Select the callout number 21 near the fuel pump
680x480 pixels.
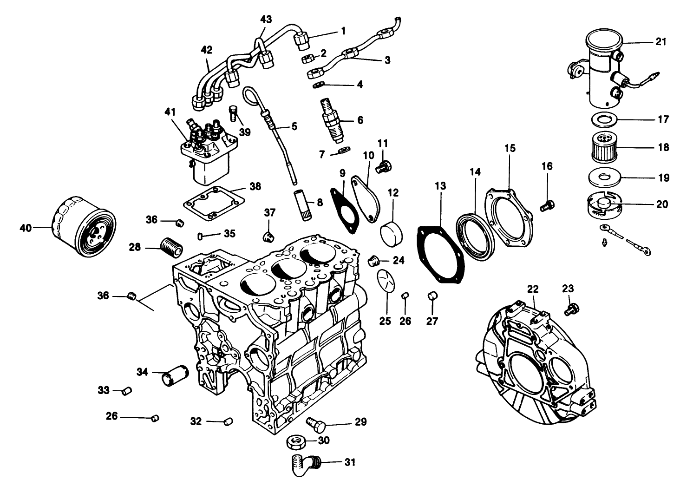click(660, 42)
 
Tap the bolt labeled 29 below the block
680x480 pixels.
click(314, 422)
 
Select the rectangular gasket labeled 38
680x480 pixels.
click(214, 203)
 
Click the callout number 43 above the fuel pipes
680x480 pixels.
click(266, 19)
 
